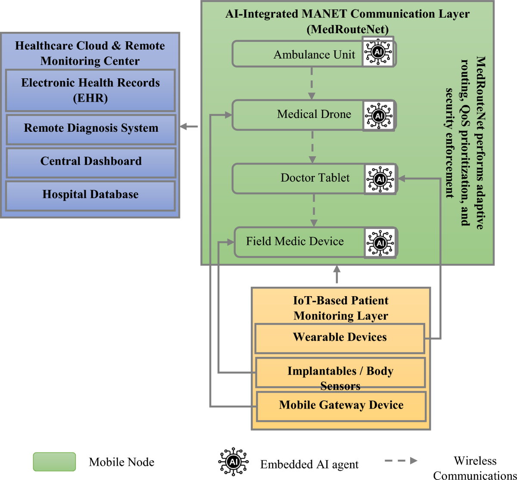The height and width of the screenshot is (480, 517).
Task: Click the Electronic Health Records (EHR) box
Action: click(x=90, y=90)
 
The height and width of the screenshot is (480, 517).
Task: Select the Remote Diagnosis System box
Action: click(x=91, y=129)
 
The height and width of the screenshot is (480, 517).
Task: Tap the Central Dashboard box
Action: click(x=91, y=162)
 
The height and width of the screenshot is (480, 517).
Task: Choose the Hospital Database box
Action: click(x=90, y=195)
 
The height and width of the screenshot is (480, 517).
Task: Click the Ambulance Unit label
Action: click(x=314, y=55)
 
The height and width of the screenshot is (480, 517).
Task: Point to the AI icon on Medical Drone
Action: click(x=379, y=115)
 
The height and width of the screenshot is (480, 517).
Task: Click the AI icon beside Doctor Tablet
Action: click(x=380, y=179)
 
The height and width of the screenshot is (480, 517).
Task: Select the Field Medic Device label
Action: click(x=295, y=242)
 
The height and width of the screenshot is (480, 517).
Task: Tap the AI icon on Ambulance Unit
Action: click(x=378, y=52)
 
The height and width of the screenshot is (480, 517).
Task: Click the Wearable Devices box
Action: click(x=340, y=338)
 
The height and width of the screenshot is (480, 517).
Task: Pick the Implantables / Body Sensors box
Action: click(x=340, y=372)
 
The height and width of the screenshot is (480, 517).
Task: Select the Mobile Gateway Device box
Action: click(x=341, y=406)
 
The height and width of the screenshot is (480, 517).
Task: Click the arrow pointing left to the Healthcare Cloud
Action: click(x=189, y=127)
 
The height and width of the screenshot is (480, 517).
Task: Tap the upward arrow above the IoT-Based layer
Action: click(x=337, y=274)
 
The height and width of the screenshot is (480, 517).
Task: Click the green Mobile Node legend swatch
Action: click(x=54, y=461)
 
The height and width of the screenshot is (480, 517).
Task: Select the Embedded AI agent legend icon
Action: click(x=233, y=462)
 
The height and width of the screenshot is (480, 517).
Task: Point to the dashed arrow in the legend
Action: click(x=401, y=461)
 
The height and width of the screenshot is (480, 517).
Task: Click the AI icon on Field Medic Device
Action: click(x=380, y=243)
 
